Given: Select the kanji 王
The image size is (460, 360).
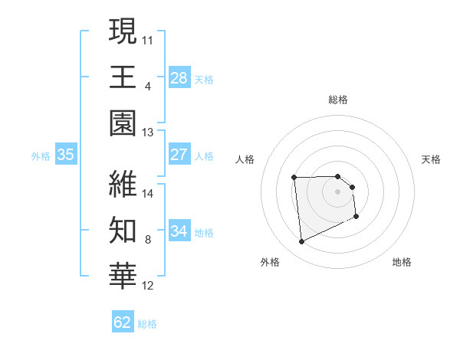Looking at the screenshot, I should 123,77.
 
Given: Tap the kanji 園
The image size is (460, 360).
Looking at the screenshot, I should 123,123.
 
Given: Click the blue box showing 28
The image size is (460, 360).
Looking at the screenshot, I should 179,77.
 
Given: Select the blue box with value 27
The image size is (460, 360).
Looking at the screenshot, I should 179,155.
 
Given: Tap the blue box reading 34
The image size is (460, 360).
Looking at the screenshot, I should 179,231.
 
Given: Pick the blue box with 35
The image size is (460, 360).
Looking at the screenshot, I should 66,155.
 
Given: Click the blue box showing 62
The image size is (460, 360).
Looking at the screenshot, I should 123,322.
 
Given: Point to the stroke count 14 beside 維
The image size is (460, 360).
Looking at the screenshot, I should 148,195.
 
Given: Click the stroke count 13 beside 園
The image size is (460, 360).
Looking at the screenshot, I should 148,133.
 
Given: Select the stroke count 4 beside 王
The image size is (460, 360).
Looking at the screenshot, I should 148,87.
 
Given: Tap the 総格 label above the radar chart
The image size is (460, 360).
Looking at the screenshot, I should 338,100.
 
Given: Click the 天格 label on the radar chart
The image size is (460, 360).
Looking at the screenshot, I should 431,159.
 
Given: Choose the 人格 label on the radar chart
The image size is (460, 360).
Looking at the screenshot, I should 245,159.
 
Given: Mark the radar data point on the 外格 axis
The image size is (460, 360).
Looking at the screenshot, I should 301,242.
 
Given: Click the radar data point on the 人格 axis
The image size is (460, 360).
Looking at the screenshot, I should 294,178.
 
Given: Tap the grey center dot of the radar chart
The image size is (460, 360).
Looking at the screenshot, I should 338,191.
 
